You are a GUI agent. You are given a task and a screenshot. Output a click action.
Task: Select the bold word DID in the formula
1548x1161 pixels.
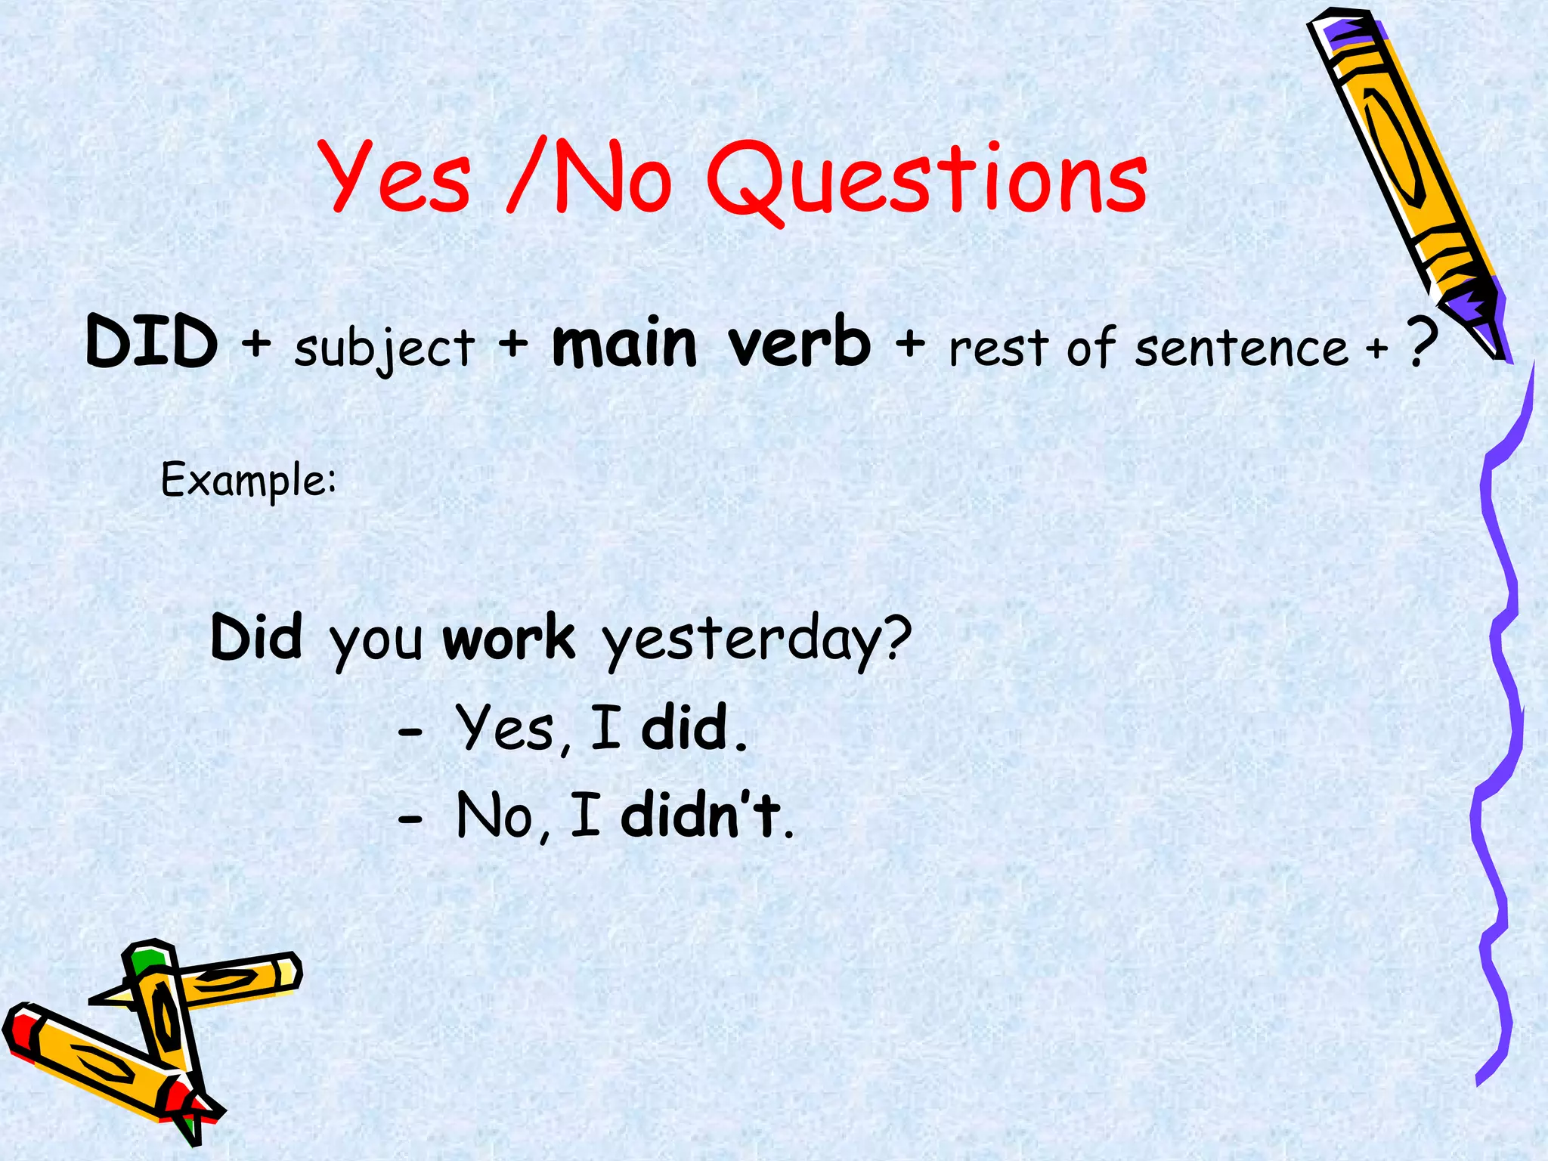[152, 342]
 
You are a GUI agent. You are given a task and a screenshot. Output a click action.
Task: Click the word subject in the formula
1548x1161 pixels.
[384, 348]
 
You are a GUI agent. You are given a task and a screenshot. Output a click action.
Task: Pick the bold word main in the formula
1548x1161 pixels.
[624, 344]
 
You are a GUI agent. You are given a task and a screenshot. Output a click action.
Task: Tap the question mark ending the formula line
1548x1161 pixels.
[1422, 344]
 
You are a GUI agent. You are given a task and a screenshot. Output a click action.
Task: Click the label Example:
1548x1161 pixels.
[249, 481]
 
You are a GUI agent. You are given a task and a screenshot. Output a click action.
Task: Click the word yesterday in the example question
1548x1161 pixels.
[756, 641]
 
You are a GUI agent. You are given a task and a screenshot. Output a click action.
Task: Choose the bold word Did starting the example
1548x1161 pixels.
[256, 637]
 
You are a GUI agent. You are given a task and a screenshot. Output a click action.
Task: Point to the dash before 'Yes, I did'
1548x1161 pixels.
[410, 732]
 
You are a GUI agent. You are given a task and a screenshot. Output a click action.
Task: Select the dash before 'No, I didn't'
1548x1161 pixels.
[410, 819]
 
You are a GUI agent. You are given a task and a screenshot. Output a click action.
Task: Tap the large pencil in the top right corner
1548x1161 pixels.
[1406, 174]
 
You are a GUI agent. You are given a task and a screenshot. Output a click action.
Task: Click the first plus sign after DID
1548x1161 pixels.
[256, 344]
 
